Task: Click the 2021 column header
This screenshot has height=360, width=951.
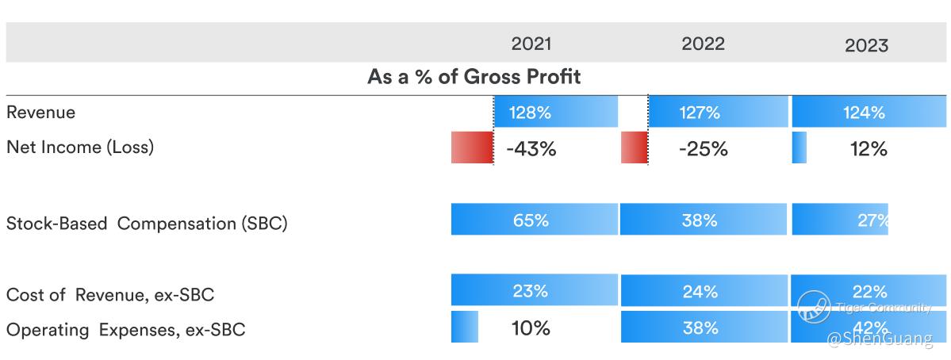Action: tap(531, 44)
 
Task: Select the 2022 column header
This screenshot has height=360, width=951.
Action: tap(703, 44)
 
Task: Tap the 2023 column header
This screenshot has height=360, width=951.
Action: tap(866, 45)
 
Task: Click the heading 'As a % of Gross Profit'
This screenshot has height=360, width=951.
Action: tap(474, 77)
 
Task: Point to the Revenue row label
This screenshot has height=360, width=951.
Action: tap(41, 113)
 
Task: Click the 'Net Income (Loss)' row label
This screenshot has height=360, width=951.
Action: tap(80, 147)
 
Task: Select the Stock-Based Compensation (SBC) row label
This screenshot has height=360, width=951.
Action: tap(147, 224)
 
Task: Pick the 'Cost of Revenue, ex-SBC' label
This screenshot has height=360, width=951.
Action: tap(110, 295)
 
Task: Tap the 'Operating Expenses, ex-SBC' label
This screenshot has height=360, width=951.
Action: tap(125, 330)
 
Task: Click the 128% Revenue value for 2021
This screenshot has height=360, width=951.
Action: tap(531, 113)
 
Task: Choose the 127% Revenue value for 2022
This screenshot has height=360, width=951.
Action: tap(700, 113)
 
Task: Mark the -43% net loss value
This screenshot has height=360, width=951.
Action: tap(531, 148)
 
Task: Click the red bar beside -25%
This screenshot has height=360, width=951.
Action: tap(634, 148)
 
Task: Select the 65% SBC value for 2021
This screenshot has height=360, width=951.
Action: tap(531, 220)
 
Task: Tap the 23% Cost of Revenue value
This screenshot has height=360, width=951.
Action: tap(531, 291)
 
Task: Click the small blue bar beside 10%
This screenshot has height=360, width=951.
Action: tap(465, 327)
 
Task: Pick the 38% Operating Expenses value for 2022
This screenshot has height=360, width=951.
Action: tap(700, 327)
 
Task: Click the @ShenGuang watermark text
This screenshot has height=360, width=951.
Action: tap(880, 340)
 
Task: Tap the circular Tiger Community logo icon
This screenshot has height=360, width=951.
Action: tap(814, 308)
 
